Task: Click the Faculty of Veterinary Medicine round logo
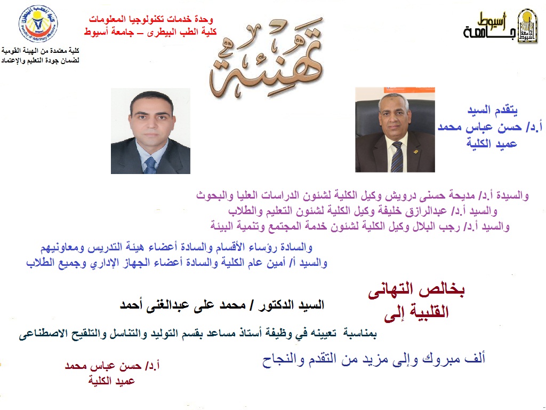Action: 38,23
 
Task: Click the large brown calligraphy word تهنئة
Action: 267,58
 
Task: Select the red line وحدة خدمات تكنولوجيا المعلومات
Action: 151,19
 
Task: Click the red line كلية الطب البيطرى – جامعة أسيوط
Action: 150,32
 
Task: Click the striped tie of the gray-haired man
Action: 397,157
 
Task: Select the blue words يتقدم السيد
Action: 492,111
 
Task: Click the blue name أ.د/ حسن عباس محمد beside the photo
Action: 490,127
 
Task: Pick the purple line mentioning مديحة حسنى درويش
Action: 363,195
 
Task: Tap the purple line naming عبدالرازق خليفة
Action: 363,211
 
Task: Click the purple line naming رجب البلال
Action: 360,226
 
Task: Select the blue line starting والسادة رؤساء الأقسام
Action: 176,248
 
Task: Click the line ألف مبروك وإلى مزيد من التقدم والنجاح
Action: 374,359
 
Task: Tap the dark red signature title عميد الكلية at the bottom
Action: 111,381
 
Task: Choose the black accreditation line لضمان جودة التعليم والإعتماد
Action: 40,60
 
